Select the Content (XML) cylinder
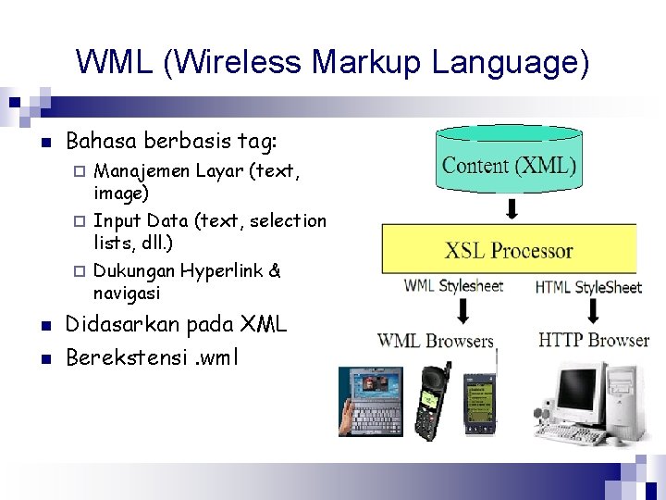coord(509,165)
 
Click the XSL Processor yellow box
coord(509,249)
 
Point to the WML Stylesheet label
coord(453,286)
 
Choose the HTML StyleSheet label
coord(588,287)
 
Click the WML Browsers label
coord(435,340)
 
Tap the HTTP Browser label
coord(593,339)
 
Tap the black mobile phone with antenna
coord(432,404)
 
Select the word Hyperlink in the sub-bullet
coord(222,271)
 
